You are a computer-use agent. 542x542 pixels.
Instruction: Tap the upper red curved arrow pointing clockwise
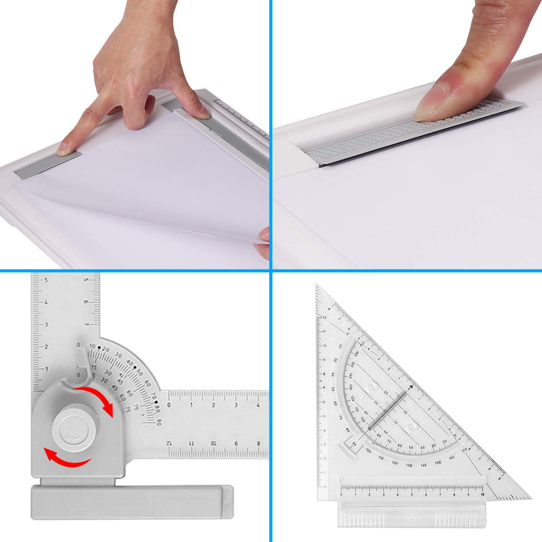click(98, 400)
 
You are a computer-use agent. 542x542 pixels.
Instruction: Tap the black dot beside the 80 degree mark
click(157, 402)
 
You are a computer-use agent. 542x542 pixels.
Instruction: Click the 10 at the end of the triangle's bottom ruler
click(482, 495)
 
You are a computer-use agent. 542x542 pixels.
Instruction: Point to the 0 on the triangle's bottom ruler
click(341, 495)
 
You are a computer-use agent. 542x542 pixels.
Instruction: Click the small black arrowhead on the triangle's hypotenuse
click(411, 387)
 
